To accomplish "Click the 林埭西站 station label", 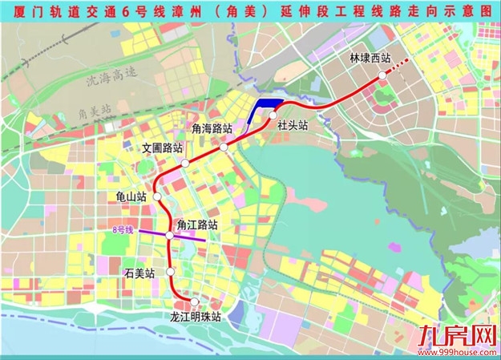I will (x=370, y=59).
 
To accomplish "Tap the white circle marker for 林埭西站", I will (x=382, y=73).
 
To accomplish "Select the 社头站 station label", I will (x=293, y=126).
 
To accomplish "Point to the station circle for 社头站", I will (x=273, y=115).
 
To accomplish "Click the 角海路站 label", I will (x=212, y=128).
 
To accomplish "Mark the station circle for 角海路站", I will (x=224, y=147).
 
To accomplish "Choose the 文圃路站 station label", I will (x=163, y=148).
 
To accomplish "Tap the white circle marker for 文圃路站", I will (x=185, y=162).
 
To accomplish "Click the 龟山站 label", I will (x=131, y=196).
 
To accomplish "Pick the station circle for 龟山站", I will (x=158, y=196).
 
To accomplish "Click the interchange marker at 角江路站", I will (x=170, y=235).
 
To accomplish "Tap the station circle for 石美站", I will (x=170, y=273).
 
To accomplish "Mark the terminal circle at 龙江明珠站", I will (x=195, y=301).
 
